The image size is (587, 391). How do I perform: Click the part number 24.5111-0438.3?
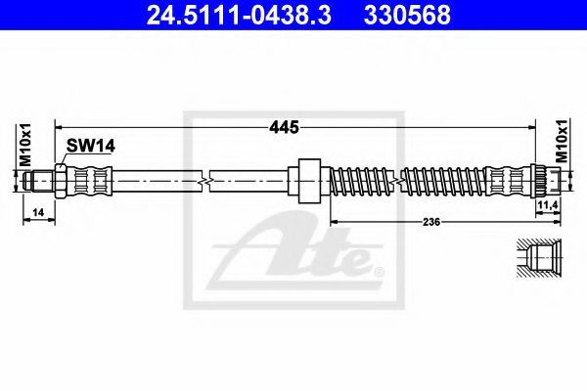pos(239,15)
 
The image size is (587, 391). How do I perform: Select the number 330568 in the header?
pos(407,15)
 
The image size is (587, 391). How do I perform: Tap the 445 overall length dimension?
pos(284,128)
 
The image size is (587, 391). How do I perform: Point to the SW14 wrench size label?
pos(90,146)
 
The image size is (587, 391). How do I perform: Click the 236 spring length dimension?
pos(431,222)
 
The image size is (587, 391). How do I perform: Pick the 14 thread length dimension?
pos(38,212)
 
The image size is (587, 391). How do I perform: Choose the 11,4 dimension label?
pos(548,204)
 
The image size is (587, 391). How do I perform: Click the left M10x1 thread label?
pos(26,145)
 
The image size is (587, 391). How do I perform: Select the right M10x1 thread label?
pos(562,140)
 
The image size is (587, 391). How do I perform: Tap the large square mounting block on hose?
pos(309,181)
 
